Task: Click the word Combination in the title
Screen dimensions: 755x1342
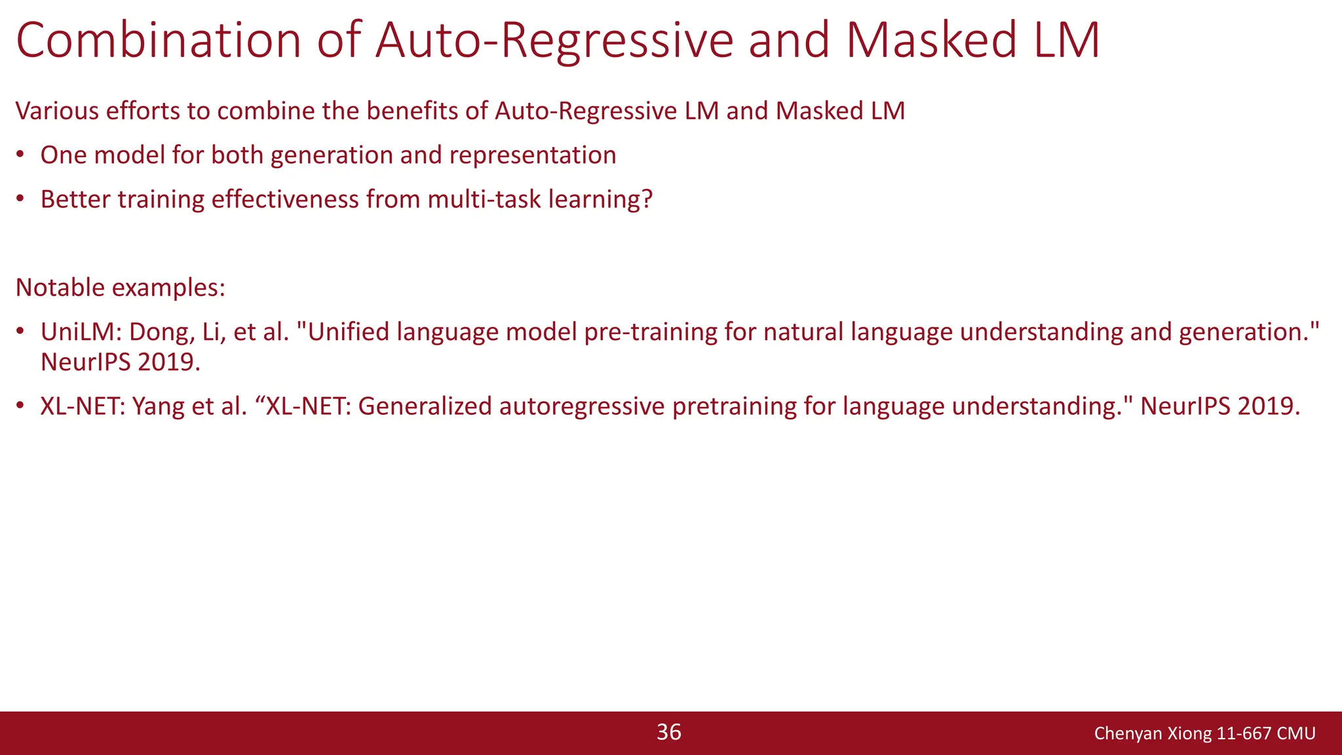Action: [158, 41]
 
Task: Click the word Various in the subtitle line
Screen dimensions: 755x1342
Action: [56, 111]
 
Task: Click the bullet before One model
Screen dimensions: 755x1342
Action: [20, 155]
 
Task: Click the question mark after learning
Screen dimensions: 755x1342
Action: [647, 199]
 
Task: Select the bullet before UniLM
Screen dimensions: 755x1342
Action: [20, 332]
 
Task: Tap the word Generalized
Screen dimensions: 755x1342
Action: [425, 406]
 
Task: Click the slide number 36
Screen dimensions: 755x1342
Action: [669, 732]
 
